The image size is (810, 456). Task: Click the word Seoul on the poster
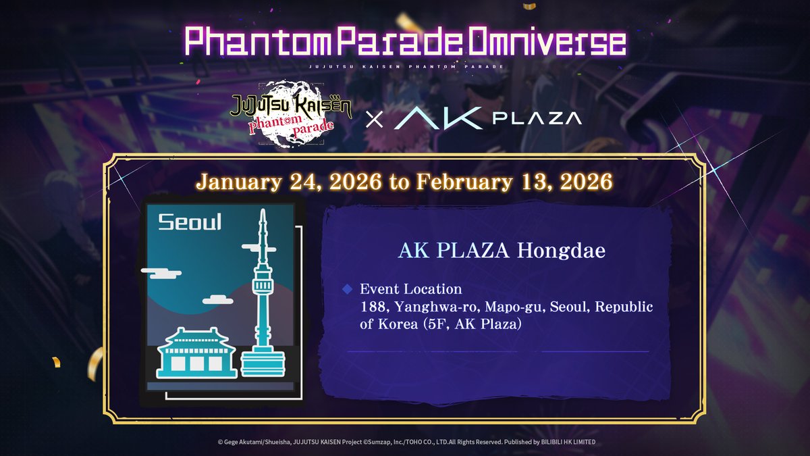point(189,222)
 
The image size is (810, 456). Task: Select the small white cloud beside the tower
point(218,299)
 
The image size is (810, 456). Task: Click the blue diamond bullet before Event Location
point(348,289)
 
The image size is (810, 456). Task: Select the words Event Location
point(411,289)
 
